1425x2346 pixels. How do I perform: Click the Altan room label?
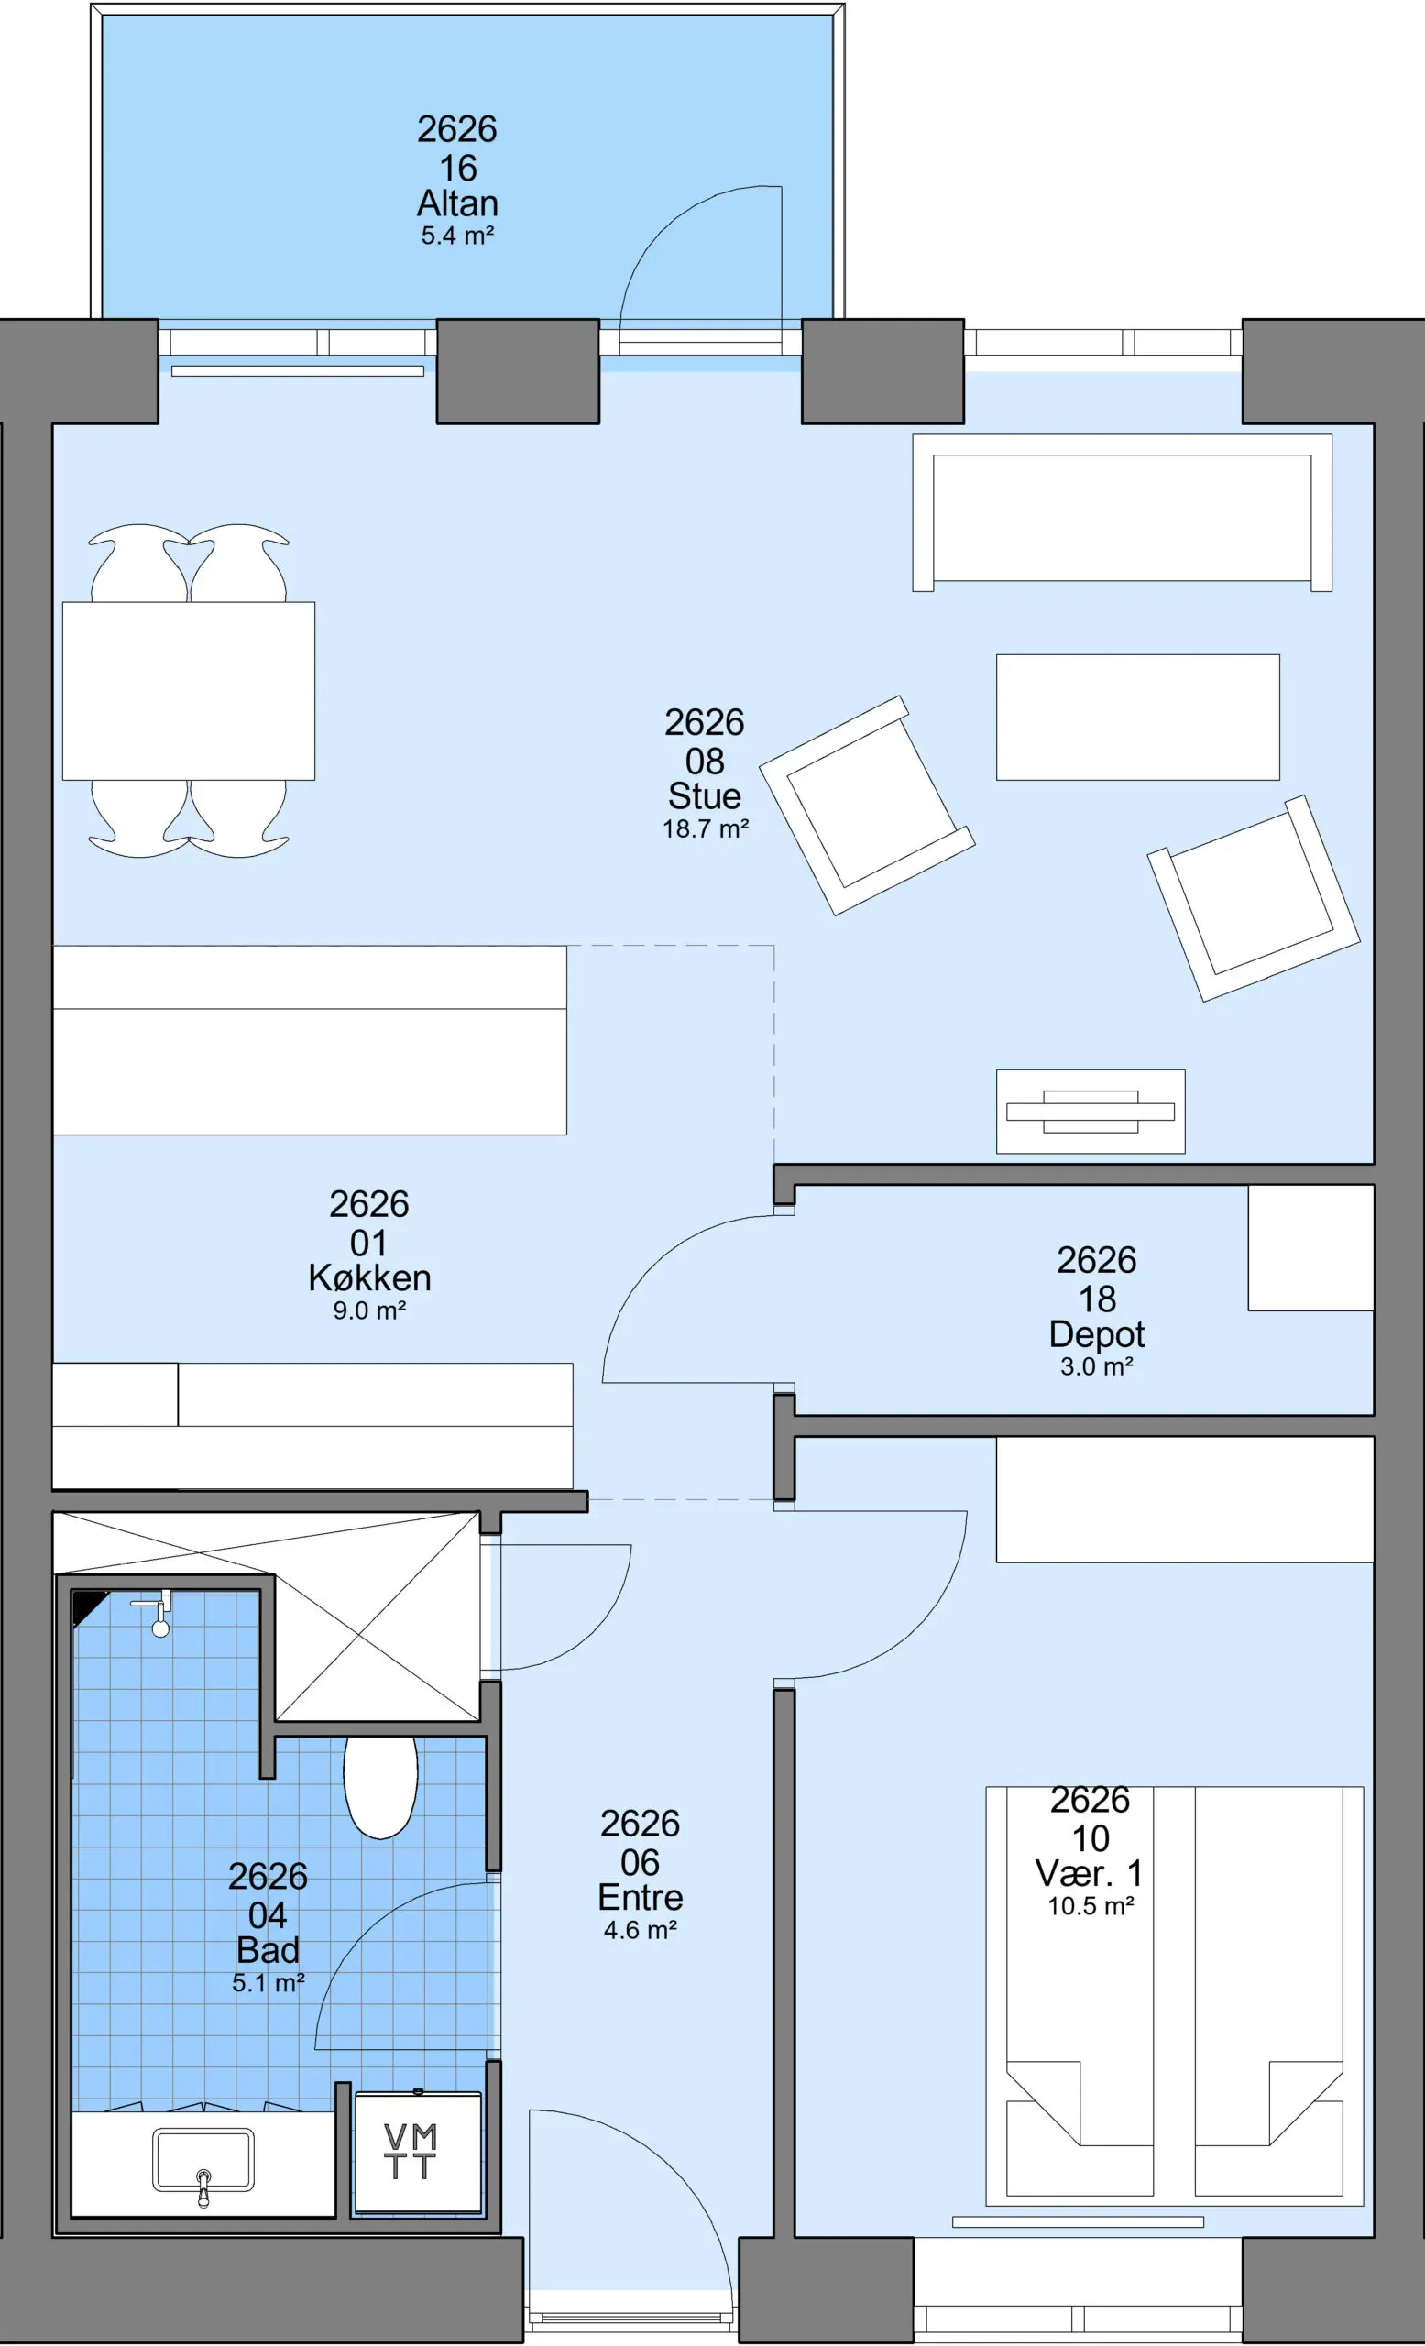point(458,203)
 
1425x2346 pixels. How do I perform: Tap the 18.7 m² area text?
point(706,828)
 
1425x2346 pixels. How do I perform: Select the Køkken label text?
point(369,1277)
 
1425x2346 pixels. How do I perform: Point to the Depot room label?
point(1097,1334)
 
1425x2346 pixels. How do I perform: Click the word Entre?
point(640,1898)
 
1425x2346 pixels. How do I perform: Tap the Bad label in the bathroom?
point(269,1950)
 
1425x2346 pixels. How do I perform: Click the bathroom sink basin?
point(203,2159)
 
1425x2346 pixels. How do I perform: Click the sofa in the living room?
point(1123,513)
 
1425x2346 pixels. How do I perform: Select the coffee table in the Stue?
point(1137,717)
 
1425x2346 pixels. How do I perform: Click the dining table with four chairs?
point(189,691)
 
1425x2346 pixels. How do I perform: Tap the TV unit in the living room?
point(1091,1111)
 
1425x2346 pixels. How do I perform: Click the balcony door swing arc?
point(666,228)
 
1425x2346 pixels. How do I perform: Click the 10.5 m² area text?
point(1091,1905)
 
